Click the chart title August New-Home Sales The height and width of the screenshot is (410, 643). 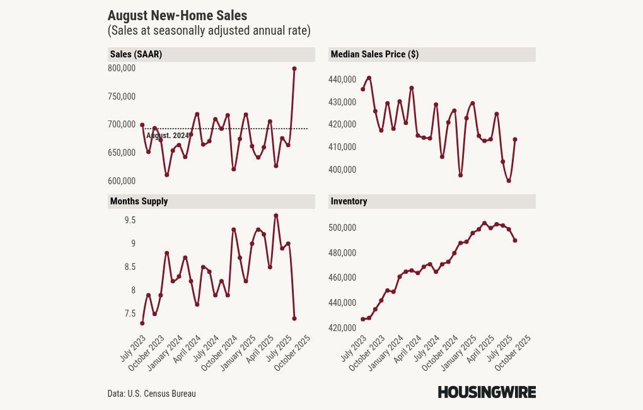click(x=177, y=16)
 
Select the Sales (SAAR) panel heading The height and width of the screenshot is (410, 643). click(x=136, y=54)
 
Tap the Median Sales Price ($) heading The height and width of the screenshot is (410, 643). click(x=374, y=54)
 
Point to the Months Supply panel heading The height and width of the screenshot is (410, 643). click(x=139, y=201)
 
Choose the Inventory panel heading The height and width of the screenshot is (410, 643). click(x=349, y=201)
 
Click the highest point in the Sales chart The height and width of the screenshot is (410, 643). click(x=294, y=68)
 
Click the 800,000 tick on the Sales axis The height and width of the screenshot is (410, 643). click(x=122, y=68)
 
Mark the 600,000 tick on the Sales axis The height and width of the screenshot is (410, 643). click(x=122, y=181)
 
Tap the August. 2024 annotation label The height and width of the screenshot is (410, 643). click(x=167, y=136)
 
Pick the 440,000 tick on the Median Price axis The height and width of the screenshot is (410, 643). click(x=342, y=79)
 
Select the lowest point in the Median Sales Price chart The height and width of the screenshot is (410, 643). click(x=509, y=180)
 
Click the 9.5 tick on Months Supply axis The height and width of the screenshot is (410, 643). click(x=130, y=220)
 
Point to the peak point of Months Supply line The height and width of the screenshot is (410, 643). click(x=276, y=215)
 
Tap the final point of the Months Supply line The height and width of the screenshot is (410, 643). click(x=294, y=319)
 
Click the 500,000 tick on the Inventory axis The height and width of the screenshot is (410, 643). click(x=342, y=228)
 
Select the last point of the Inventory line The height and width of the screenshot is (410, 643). click(x=515, y=240)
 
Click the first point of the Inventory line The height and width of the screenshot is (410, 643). click(x=362, y=319)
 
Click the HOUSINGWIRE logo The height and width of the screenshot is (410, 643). click(x=487, y=392)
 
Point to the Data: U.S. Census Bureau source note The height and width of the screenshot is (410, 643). click(x=151, y=394)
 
